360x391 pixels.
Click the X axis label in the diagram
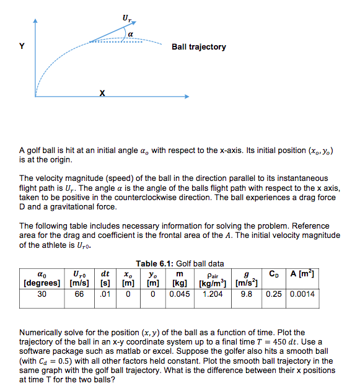[103, 93]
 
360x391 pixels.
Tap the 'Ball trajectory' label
[198, 47]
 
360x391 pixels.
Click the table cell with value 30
[42, 294]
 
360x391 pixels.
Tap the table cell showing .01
[106, 294]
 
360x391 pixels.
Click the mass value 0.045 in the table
[179, 294]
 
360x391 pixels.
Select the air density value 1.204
[213, 294]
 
